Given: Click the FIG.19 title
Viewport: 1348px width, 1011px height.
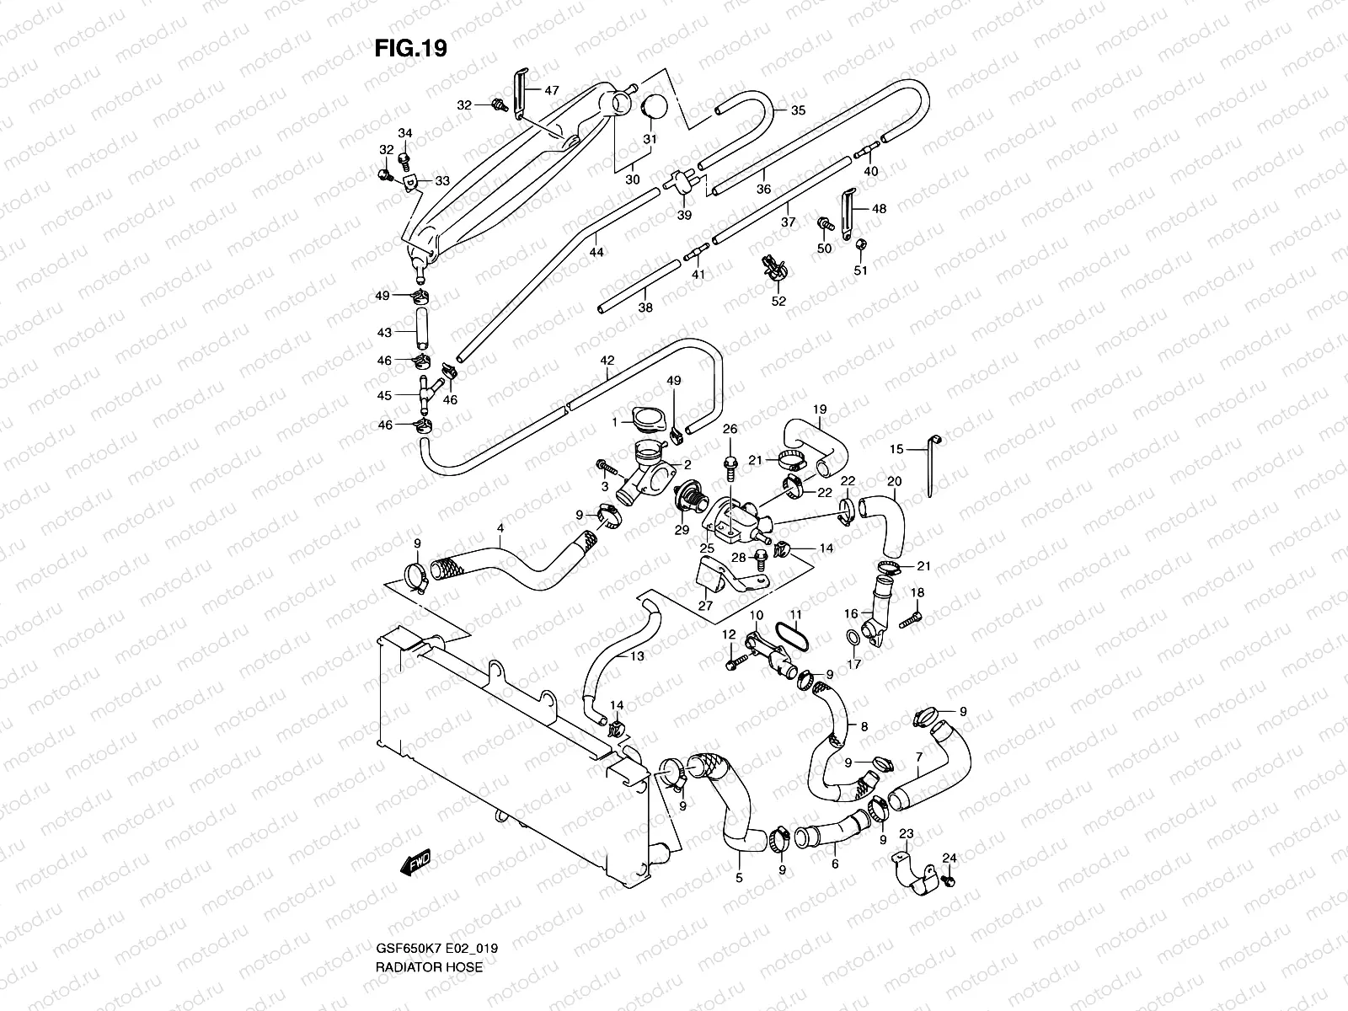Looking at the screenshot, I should click(x=410, y=49).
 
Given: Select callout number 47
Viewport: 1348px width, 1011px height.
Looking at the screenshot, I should click(x=551, y=90).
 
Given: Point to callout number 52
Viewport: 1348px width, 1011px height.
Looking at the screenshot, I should click(x=778, y=300).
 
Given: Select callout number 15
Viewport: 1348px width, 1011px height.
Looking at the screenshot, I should click(x=896, y=450).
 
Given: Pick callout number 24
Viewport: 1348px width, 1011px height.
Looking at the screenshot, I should click(x=949, y=859).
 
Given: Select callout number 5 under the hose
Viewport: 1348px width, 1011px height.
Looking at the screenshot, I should click(x=739, y=879).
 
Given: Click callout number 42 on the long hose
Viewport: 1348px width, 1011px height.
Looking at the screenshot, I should click(x=607, y=360).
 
